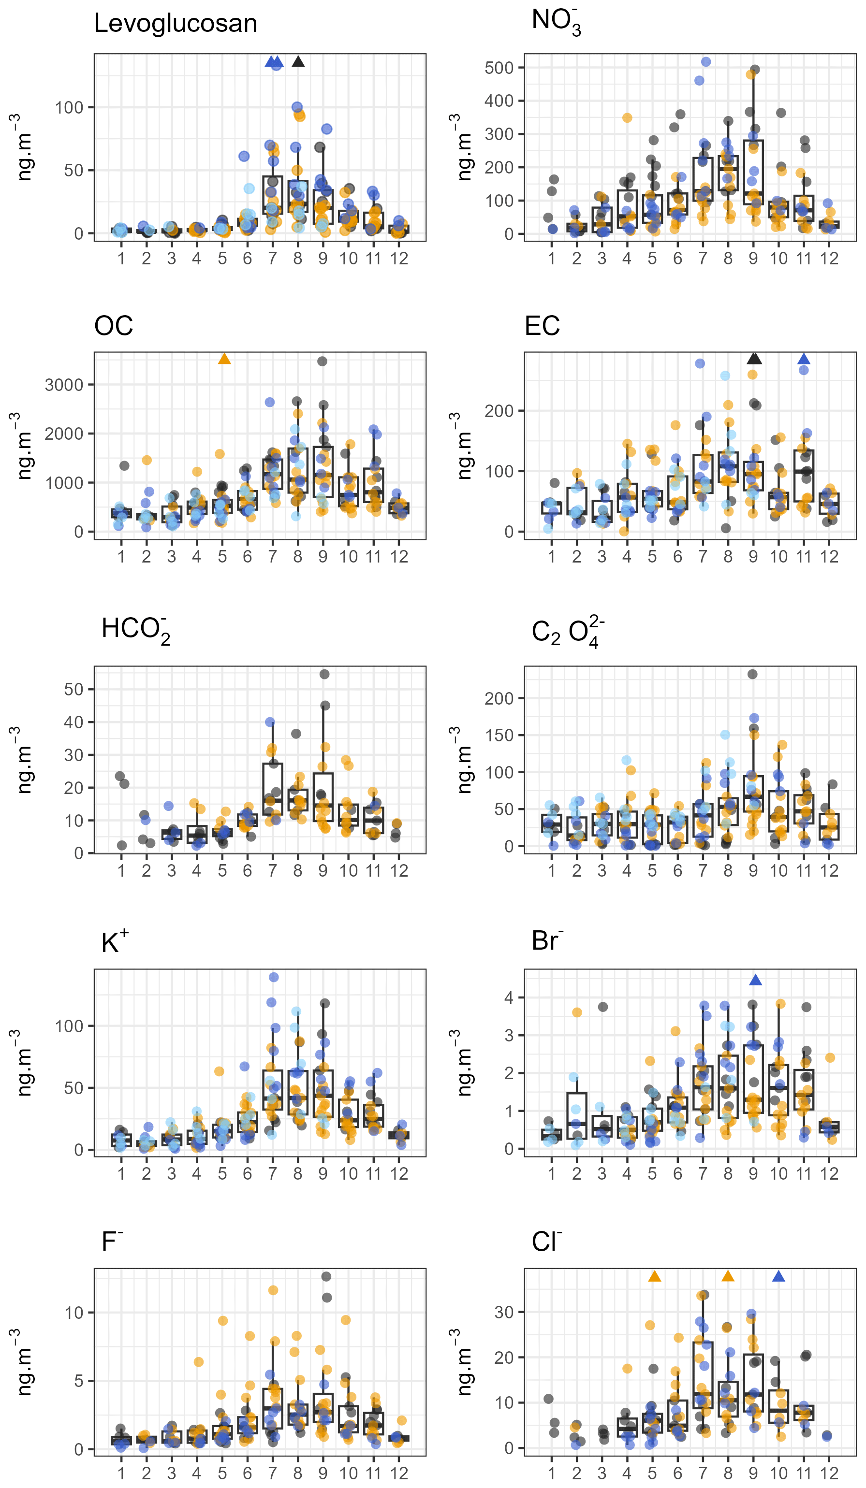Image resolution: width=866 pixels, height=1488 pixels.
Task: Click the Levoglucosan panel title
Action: tap(176, 24)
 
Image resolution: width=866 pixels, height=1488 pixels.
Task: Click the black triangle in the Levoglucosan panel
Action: tap(298, 61)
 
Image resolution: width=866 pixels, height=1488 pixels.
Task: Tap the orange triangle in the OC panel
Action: tap(224, 359)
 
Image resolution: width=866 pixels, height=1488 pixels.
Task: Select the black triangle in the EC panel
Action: tap(754, 359)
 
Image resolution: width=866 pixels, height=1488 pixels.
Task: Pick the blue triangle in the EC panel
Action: tap(804, 359)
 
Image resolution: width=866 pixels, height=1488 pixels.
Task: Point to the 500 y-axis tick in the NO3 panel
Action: tap(499, 68)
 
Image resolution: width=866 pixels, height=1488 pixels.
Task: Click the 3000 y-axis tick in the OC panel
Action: tap(64, 385)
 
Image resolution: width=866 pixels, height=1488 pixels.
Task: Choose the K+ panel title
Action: tap(115, 943)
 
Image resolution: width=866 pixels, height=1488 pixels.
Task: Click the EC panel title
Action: tap(542, 326)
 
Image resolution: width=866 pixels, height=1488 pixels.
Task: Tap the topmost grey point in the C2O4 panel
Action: tap(752, 674)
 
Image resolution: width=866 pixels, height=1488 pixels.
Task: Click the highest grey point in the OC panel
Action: tap(322, 361)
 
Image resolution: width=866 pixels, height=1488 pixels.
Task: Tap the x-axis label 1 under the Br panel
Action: tap(551, 1173)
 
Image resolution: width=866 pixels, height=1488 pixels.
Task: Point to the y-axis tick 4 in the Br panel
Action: tap(509, 998)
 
